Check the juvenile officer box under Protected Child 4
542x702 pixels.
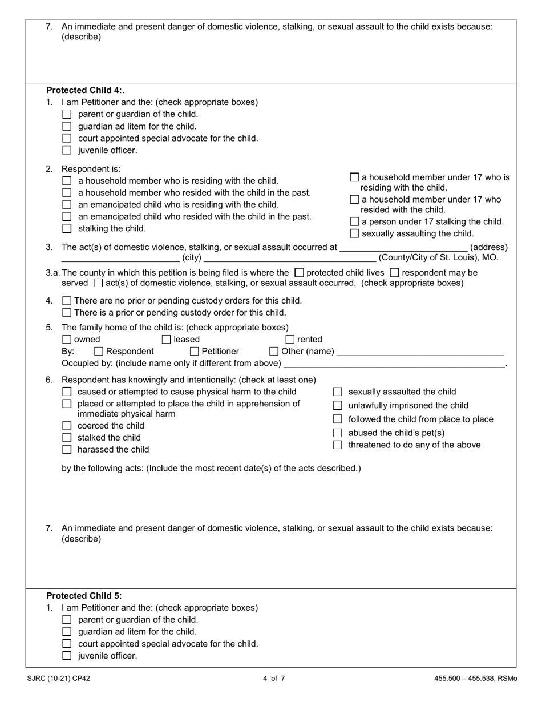[67, 150]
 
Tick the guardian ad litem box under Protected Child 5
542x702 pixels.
[67, 631]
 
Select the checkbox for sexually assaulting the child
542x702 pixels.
[354, 233]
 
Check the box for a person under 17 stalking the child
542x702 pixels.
[354, 221]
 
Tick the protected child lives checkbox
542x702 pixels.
[300, 273]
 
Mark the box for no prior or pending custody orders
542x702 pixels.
[67, 301]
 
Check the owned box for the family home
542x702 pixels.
[67, 340]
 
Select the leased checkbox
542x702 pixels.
[167, 340]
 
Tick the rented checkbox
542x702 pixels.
[290, 340]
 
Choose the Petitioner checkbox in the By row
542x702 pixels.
[195, 352]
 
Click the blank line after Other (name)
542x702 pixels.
[420, 352]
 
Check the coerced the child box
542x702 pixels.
[67, 426]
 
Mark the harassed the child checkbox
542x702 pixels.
[67, 450]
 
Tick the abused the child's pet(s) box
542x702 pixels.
[337, 433]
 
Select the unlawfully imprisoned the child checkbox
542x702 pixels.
[337, 405]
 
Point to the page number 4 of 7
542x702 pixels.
[274, 679]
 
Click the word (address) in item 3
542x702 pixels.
[489, 247]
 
